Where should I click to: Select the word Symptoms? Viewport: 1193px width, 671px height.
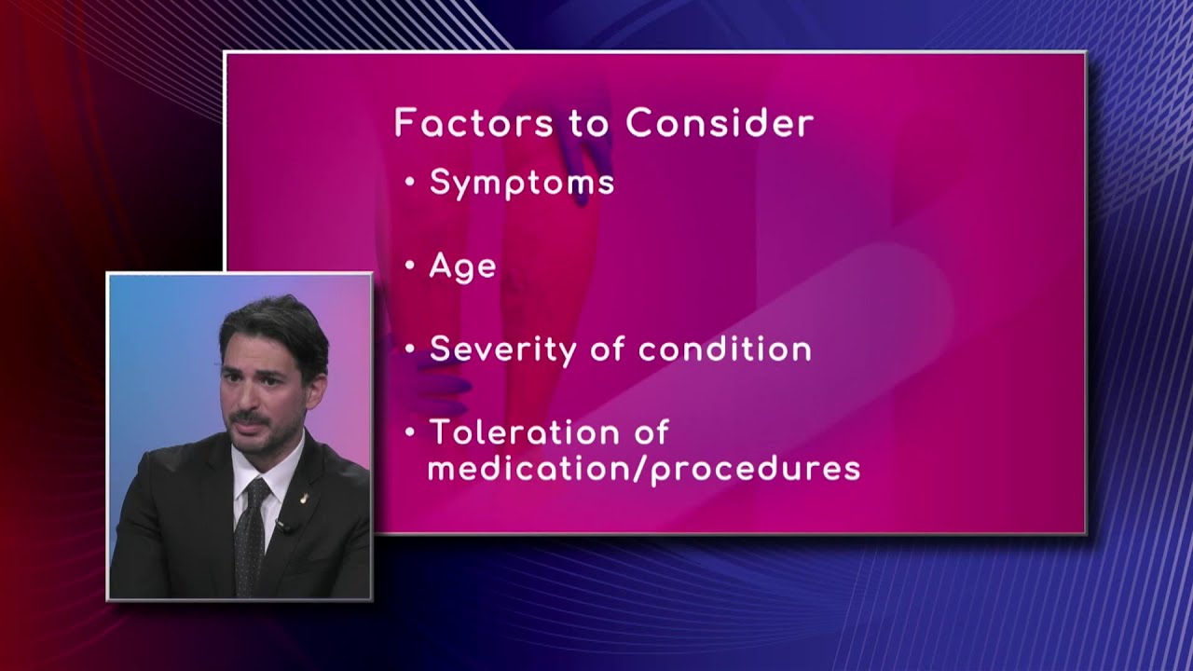point(522,184)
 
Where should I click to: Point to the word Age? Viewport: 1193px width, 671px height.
point(462,267)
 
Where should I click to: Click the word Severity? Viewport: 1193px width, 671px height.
point(503,350)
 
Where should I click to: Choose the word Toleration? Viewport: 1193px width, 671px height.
point(549,432)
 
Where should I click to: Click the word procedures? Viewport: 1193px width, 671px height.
point(755,469)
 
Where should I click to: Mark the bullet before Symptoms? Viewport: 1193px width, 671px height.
point(410,183)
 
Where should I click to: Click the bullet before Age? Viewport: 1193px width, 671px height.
point(410,267)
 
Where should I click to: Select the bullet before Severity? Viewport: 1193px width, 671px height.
point(410,350)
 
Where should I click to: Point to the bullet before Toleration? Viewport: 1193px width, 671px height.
point(410,433)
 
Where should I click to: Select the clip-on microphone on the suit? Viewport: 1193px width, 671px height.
point(283,527)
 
